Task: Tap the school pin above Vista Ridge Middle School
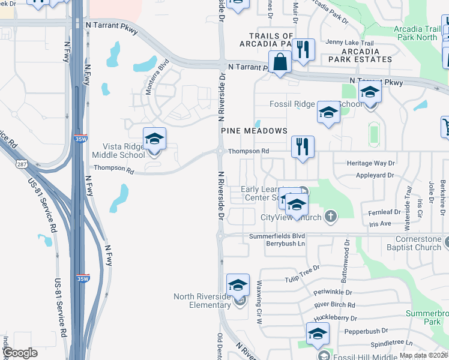click(x=154, y=139)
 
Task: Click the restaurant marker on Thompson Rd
click(x=303, y=146)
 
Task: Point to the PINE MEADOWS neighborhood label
click(x=254, y=131)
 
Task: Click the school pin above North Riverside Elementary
click(x=238, y=284)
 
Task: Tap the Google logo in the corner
click(x=20, y=353)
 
